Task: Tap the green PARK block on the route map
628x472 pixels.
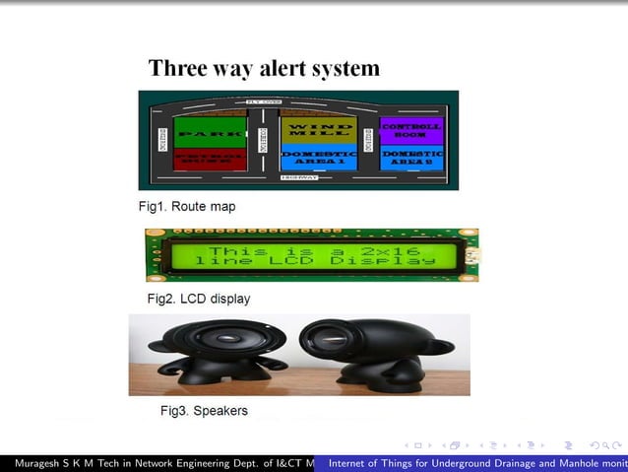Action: coord(210,131)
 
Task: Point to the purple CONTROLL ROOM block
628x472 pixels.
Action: coord(410,130)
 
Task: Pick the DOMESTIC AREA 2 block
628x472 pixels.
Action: coord(410,158)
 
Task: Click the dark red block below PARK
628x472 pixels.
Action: coord(210,158)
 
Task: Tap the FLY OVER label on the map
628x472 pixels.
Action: coord(264,101)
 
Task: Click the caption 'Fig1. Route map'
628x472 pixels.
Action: coord(187,207)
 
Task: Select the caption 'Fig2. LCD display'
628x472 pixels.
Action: coord(199,298)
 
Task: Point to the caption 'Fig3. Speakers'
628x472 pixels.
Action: coord(204,410)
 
